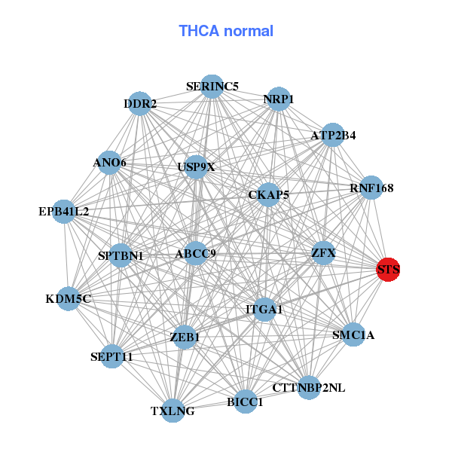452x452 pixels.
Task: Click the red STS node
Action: coord(388,270)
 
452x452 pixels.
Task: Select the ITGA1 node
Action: coord(264,309)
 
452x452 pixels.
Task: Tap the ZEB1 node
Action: coord(185,337)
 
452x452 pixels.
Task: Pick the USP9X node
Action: coord(196,166)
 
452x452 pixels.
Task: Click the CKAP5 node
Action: coord(269,195)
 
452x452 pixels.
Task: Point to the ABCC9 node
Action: coord(196,253)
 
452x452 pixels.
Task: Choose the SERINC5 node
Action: coord(212,87)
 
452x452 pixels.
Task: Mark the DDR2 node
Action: coord(140,104)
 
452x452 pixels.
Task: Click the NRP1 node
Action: coord(279,99)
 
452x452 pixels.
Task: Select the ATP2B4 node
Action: coord(333,136)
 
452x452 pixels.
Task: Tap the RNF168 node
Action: coord(371,188)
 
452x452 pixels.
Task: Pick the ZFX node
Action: coord(323,252)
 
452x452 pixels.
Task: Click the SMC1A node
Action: coord(353,334)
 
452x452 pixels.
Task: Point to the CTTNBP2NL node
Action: coord(309,388)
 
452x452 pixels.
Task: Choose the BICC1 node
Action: coord(245,402)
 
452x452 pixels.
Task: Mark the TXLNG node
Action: coord(173,411)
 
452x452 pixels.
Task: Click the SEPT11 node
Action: coord(111,356)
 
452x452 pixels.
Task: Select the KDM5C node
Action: coord(69,299)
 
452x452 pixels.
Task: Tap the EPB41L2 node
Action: coord(64,212)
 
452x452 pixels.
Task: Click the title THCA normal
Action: coord(226,31)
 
